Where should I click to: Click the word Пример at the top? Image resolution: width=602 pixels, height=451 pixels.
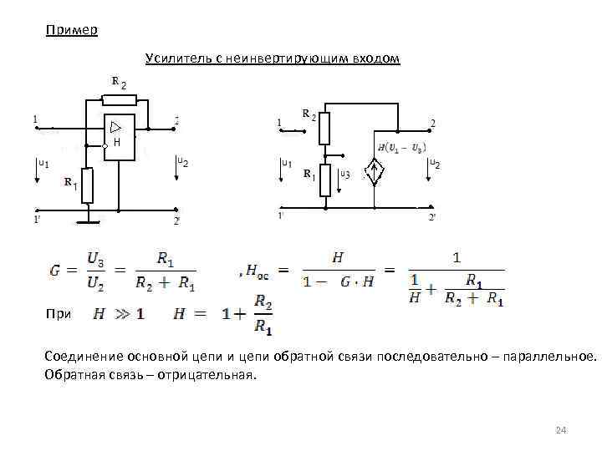point(71,31)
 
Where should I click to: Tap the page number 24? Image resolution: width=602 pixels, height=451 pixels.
point(561,430)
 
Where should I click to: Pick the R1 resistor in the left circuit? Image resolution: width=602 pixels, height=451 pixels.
point(87,185)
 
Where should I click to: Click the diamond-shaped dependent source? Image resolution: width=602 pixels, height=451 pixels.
point(375,173)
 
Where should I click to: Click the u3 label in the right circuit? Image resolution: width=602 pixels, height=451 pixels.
point(344,175)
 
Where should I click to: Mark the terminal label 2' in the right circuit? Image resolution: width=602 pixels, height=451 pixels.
point(432,217)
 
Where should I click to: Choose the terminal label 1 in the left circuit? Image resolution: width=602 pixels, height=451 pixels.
point(35,119)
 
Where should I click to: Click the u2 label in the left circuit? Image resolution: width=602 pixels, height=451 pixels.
point(181,160)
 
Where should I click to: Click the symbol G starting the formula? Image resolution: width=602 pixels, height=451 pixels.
point(54,271)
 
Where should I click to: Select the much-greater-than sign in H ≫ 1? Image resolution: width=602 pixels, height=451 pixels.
point(121,315)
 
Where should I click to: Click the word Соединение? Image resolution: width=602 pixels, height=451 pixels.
point(89,357)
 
